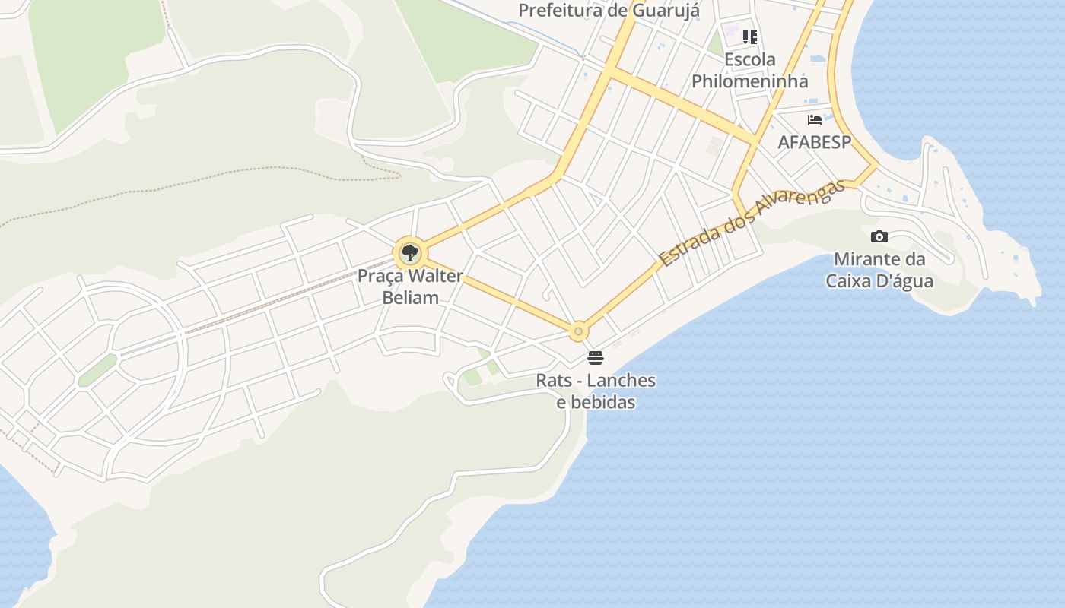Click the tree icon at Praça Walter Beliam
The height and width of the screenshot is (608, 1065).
pyautogui.click(x=409, y=253)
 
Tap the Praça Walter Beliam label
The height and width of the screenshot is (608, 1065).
pyautogui.click(x=410, y=287)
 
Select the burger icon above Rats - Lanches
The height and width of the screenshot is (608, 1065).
pyautogui.click(x=596, y=358)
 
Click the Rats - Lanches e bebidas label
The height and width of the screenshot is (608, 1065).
pyautogui.click(x=596, y=391)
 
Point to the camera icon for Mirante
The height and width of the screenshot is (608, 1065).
pyautogui.click(x=879, y=236)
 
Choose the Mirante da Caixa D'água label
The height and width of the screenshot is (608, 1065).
pyautogui.click(x=879, y=270)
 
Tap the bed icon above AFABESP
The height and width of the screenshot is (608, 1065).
pyautogui.click(x=815, y=119)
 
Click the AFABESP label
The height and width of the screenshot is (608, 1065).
pyautogui.click(x=814, y=142)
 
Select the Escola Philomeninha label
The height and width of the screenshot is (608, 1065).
pyautogui.click(x=749, y=70)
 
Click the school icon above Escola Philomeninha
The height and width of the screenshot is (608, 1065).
pyautogui.click(x=750, y=36)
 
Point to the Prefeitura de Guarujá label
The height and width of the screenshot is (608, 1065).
pyautogui.click(x=609, y=11)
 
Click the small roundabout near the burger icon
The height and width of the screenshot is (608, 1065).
pyautogui.click(x=579, y=331)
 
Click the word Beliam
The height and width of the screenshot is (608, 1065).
pyautogui.click(x=410, y=297)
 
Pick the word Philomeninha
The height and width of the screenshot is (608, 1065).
pyautogui.click(x=749, y=81)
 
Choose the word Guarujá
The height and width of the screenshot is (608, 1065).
pyautogui.click(x=667, y=11)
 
